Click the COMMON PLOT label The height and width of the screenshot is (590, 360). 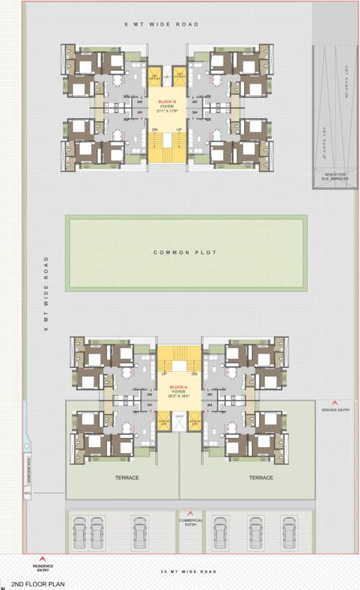185,253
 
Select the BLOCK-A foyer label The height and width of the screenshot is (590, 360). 178,389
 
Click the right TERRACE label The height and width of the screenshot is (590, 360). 261,478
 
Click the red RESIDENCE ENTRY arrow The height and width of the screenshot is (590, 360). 43,559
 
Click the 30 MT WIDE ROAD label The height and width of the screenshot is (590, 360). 189,572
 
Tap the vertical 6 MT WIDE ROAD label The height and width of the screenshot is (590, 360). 46,294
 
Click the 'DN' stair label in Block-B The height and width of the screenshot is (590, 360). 156,129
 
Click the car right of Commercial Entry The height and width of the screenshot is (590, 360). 220,530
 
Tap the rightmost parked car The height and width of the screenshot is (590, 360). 289,530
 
